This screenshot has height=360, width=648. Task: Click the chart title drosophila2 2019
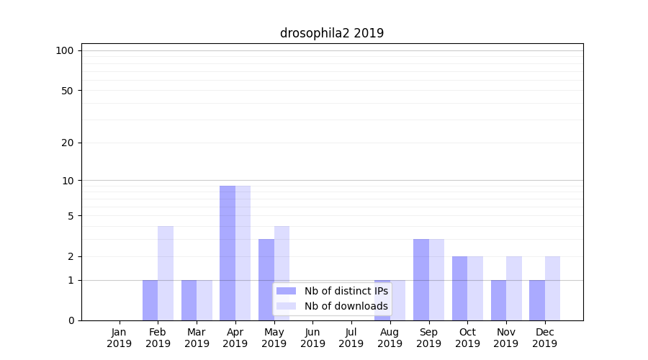(332, 33)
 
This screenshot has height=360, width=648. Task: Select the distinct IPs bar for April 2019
(228, 253)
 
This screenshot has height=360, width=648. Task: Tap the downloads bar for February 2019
(166, 273)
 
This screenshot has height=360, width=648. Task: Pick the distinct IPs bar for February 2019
(150, 300)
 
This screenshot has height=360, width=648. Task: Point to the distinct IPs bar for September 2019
(421, 279)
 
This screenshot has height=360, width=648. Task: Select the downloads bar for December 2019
(552, 288)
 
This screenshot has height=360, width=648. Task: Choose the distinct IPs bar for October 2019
(459, 288)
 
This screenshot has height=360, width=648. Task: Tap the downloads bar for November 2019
(513, 288)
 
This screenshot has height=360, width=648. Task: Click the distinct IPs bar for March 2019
(189, 300)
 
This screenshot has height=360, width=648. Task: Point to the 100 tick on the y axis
(65, 50)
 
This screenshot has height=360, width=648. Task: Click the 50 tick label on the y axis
(68, 91)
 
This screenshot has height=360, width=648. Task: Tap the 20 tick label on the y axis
(68, 143)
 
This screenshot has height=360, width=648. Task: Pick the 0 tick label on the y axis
(71, 320)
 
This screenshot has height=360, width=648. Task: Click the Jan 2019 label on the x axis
(120, 338)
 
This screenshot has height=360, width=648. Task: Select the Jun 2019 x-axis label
(312, 338)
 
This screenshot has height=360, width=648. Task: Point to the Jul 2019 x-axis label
(351, 338)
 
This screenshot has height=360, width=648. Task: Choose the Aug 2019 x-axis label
(390, 338)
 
